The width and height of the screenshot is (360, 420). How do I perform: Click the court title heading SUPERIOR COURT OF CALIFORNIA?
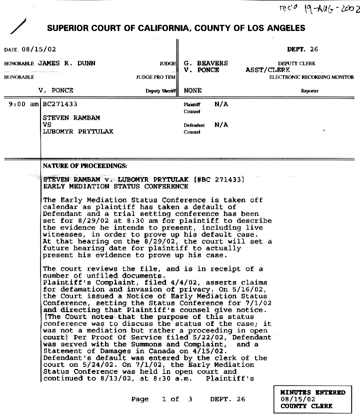click(x=176, y=28)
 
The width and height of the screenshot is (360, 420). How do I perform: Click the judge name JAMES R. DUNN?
click(x=66, y=63)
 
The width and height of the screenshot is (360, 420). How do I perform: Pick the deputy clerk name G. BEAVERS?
click(x=206, y=63)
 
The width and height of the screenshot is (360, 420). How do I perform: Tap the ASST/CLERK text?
click(x=268, y=70)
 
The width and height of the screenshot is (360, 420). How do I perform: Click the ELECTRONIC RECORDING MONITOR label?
click(x=311, y=77)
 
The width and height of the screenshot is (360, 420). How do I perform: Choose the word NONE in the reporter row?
click(x=193, y=91)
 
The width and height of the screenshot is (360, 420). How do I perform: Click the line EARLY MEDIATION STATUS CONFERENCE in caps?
click(x=115, y=186)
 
